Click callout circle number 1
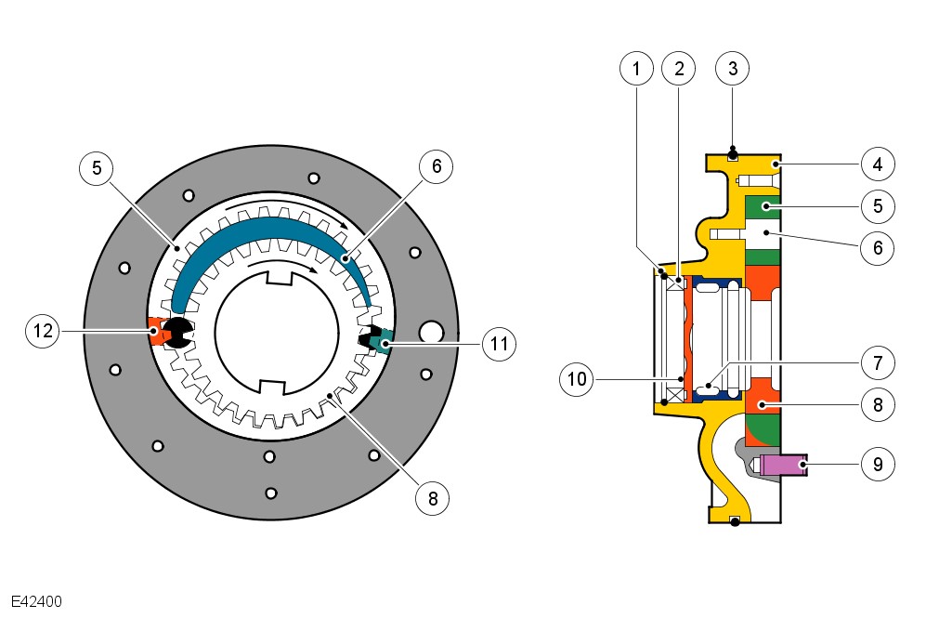pos(636,70)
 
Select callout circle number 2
pos(679,70)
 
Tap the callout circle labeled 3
pos(733,70)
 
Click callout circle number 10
pos(578,378)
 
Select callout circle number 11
pos(500,344)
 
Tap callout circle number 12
pos(43,331)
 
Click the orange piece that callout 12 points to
pos(156,333)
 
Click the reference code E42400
pos(37,601)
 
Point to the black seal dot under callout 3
pos(733,153)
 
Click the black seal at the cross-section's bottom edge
pos(735,521)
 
